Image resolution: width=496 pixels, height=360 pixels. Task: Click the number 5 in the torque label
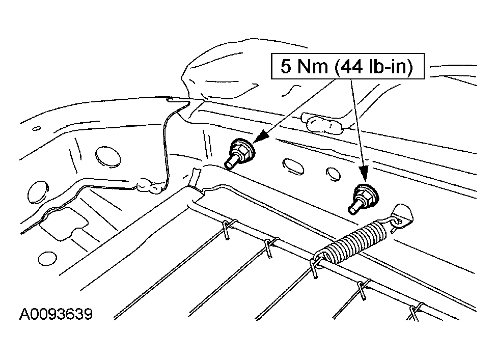point(286,66)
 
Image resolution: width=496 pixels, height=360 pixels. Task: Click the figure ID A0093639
point(56,314)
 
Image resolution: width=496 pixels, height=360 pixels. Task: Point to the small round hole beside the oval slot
point(333,174)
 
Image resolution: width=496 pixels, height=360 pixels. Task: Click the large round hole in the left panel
point(107,157)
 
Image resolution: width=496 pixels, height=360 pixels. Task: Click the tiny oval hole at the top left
point(37,128)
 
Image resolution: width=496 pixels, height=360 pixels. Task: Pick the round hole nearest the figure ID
point(47,259)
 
